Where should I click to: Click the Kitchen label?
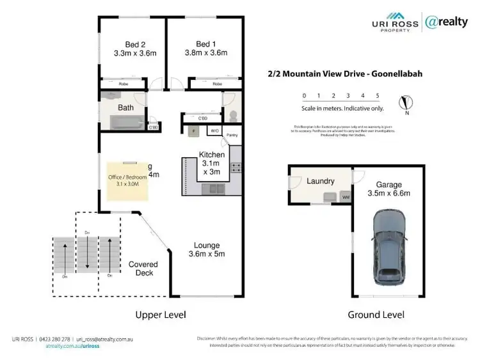click(x=212, y=163)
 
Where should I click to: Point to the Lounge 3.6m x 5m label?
click(x=207, y=249)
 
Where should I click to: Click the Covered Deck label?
click(x=143, y=269)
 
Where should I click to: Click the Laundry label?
click(x=320, y=181)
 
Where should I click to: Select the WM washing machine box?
click(x=346, y=197)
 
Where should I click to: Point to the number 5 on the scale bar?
click(x=378, y=96)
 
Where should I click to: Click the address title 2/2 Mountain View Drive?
click(x=345, y=74)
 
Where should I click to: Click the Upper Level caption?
click(x=160, y=315)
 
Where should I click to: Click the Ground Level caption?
click(x=376, y=315)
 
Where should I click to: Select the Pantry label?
click(x=232, y=135)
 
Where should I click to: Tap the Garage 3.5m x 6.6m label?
click(x=388, y=188)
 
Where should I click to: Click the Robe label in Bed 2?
click(x=125, y=84)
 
